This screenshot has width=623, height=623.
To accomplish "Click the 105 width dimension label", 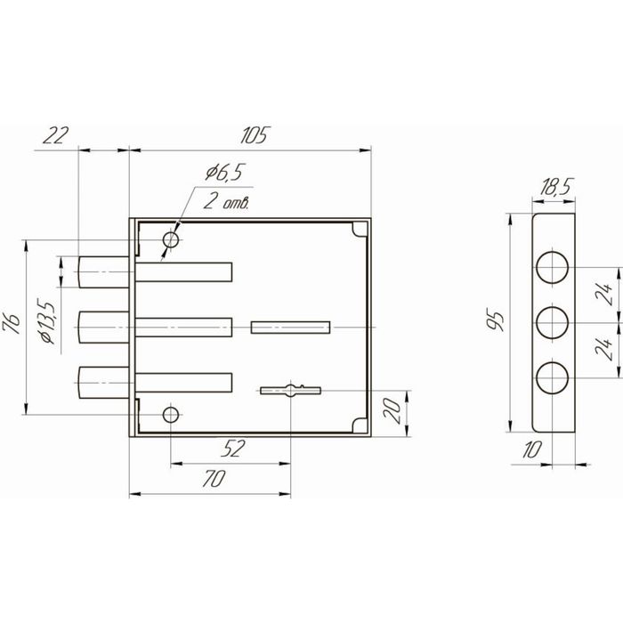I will pyautogui.click(x=254, y=135).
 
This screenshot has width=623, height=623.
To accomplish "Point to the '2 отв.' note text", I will pyautogui.click(x=226, y=202).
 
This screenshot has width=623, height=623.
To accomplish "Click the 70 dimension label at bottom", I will pyautogui.click(x=213, y=480).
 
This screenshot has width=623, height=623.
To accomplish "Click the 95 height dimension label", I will pyautogui.click(x=497, y=319).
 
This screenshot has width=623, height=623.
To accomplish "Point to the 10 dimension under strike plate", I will pyautogui.click(x=532, y=451).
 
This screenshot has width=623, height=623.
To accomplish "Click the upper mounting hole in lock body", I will pyautogui.click(x=171, y=240).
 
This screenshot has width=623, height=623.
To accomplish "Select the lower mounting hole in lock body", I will pyautogui.click(x=171, y=415).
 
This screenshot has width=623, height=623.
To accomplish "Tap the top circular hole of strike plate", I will pyautogui.click(x=553, y=266).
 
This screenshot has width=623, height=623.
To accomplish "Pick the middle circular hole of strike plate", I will pyautogui.click(x=553, y=322).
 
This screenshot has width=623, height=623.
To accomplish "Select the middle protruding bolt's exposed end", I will pyautogui.click(x=98, y=327).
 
